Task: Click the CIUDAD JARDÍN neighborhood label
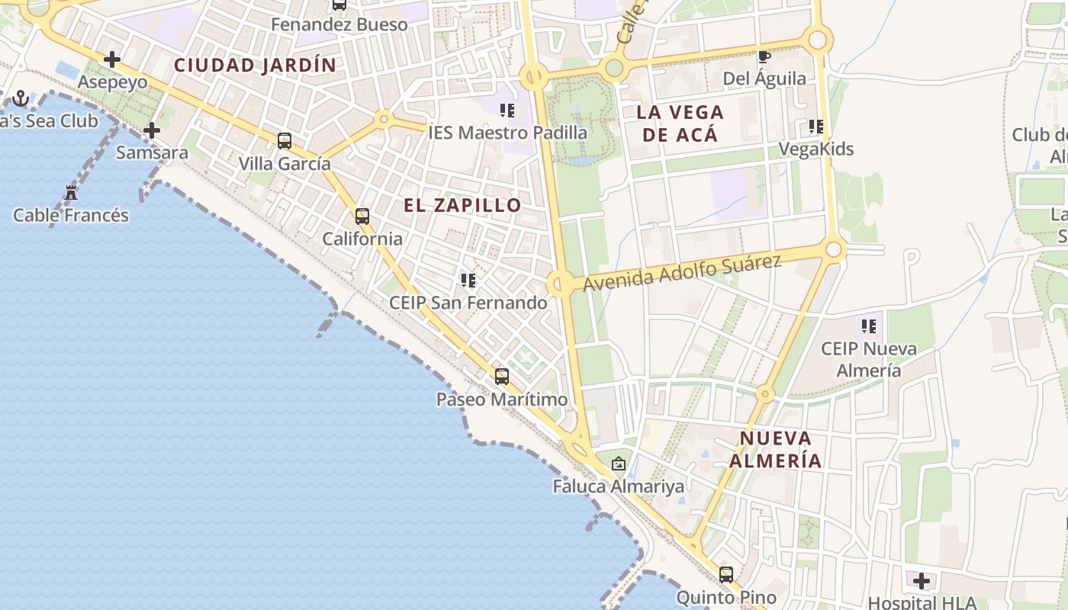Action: coord(255,65)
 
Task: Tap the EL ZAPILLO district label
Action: coord(462,205)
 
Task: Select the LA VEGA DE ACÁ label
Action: coord(680,124)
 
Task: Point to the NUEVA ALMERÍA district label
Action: coord(776,449)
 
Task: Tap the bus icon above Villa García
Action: coord(285,140)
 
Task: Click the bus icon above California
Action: coord(362,216)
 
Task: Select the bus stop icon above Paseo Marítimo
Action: coord(502,376)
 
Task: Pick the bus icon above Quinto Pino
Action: coord(726,574)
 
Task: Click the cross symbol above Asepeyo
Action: coord(112,59)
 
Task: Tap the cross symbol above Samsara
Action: coord(152,130)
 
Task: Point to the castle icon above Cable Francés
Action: coord(71,192)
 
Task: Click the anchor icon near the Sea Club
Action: coord(21,98)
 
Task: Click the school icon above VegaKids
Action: coord(815,126)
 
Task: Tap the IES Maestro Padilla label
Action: coord(508,133)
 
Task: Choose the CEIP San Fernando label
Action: coord(468,303)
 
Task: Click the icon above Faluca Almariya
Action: coord(619,463)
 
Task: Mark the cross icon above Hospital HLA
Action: coord(922,581)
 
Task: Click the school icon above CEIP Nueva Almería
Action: coord(868,326)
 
